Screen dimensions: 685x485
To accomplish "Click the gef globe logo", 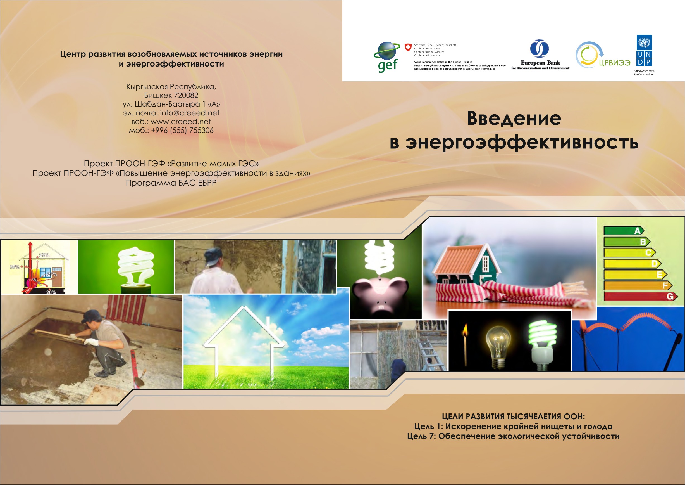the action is pyautogui.click(x=387, y=57).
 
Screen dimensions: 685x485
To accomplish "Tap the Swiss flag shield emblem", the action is pyautogui.click(x=408, y=47).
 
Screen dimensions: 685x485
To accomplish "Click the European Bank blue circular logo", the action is pyautogui.click(x=540, y=48).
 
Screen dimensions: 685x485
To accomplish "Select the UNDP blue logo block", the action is pyautogui.click(x=644, y=50).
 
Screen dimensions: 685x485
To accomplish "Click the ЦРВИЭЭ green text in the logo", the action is pyautogui.click(x=615, y=62).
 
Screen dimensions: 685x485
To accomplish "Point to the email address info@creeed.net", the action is pyautogui.click(x=189, y=113).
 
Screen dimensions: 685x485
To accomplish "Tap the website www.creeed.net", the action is pyautogui.click(x=180, y=122).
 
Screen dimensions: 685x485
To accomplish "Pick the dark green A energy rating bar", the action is pyautogui.click(x=624, y=231).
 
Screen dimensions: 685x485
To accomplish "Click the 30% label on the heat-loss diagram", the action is pyautogui.click(x=14, y=267).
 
